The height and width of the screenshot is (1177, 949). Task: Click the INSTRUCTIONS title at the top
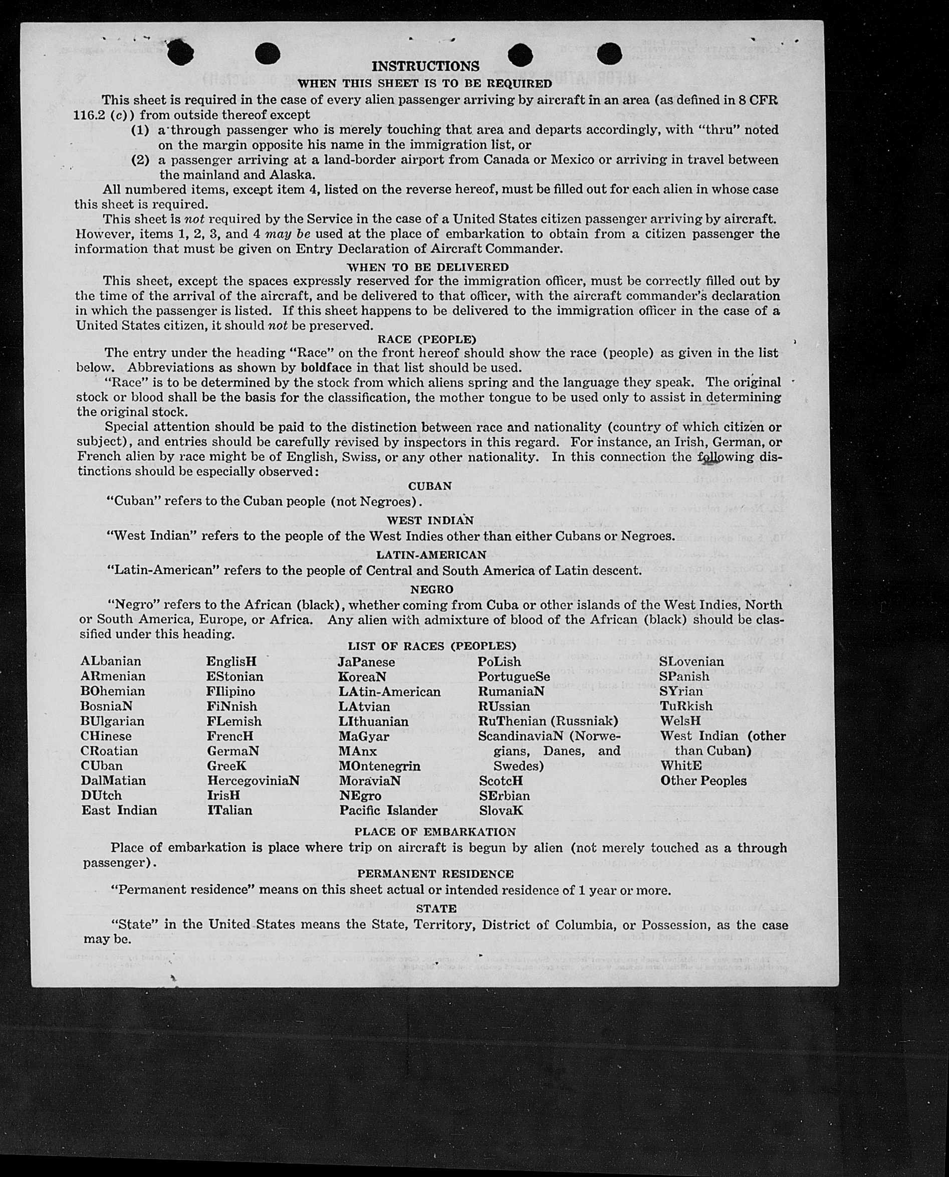click(x=425, y=66)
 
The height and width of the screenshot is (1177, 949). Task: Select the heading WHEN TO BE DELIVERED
click(x=427, y=267)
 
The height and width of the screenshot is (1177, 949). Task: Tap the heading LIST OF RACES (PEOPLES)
click(x=432, y=646)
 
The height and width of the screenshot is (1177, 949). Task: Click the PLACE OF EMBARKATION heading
click(x=434, y=832)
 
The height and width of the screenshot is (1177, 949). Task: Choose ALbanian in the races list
click(x=110, y=661)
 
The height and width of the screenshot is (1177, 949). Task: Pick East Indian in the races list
click(x=119, y=810)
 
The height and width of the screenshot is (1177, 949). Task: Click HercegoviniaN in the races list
click(x=253, y=780)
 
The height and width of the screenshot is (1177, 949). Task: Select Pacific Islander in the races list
click(x=388, y=810)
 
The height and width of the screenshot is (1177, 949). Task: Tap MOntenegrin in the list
click(x=379, y=766)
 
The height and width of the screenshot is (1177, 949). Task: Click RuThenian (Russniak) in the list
click(x=548, y=721)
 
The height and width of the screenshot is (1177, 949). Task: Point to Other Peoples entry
click(x=703, y=780)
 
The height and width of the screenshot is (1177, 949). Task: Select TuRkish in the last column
click(x=686, y=706)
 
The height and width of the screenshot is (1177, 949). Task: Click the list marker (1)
click(x=140, y=130)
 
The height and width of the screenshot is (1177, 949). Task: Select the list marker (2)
click(x=140, y=160)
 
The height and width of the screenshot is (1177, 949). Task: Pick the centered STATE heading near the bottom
click(x=436, y=908)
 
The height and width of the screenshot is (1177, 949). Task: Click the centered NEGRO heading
click(x=431, y=589)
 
